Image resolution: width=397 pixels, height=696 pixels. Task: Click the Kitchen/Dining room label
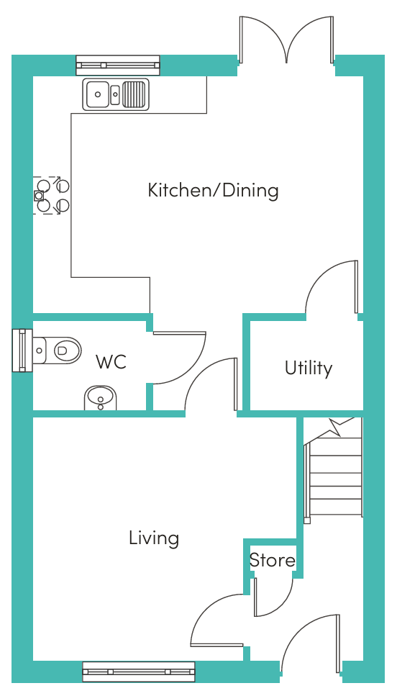coord(213,191)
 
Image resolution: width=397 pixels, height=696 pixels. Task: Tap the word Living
coord(154,538)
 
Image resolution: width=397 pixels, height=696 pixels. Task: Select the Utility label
coord(309,369)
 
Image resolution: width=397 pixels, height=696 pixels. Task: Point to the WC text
coord(111,362)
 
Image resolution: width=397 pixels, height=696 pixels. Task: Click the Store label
coord(272,560)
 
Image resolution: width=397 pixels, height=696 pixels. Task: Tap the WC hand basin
coord(101,398)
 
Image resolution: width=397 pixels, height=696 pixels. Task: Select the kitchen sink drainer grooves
coord(134,94)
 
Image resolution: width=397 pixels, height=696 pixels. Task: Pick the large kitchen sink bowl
coord(98,94)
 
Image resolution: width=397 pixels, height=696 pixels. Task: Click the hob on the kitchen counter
coord(51,195)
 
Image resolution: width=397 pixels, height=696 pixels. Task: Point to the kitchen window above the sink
coord(117,65)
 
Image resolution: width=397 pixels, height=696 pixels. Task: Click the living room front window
coord(139,672)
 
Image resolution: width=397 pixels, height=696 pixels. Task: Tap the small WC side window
coord(22,351)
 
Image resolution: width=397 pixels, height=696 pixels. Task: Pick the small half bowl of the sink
coord(115,94)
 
